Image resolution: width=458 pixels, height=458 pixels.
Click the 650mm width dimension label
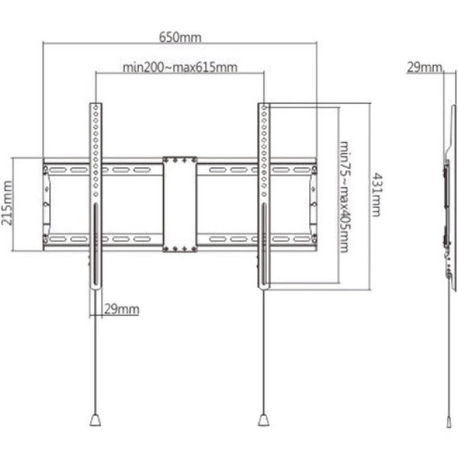[180, 37]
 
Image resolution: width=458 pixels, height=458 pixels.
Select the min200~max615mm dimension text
[180, 68]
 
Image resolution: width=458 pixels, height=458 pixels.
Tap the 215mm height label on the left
[7, 203]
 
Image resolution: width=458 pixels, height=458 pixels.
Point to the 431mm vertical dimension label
[378, 194]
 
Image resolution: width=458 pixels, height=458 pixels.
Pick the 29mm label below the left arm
[122, 309]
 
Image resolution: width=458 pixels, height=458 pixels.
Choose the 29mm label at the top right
[423, 67]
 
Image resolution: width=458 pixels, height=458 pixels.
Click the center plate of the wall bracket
[180, 203]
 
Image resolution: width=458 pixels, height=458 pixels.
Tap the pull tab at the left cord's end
[96, 419]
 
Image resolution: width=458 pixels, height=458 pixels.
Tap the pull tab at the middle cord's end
[263, 419]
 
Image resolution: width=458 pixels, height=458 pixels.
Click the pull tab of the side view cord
[449, 420]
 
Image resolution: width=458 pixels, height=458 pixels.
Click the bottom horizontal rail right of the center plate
[229, 239]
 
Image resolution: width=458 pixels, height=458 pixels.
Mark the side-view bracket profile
[451, 196]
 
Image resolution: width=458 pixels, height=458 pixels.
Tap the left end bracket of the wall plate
[46, 203]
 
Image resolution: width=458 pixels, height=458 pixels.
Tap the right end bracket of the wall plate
[313, 203]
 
